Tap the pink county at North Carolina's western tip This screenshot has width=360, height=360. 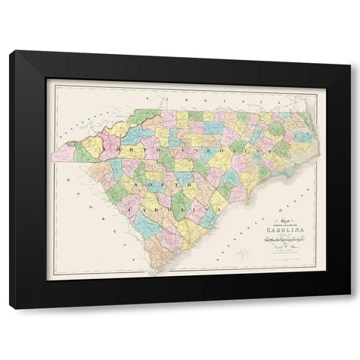tap(64, 153)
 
